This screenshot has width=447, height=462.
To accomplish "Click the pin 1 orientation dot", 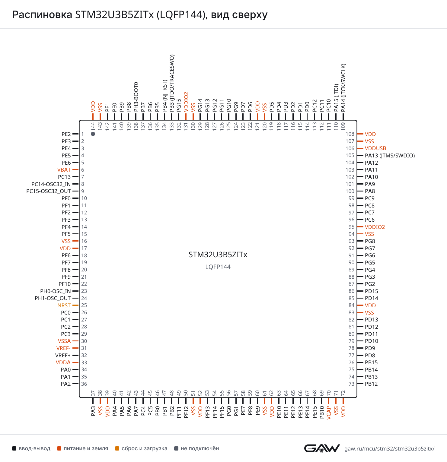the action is point(93,134).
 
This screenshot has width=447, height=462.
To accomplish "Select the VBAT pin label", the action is point(64,170).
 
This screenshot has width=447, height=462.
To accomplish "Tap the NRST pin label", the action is point(64,305).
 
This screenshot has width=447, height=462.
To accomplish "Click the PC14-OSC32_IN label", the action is point(51,184).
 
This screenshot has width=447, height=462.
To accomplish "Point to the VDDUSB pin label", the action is point(375,148).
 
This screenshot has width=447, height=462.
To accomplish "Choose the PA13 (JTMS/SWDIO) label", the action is point(390,156).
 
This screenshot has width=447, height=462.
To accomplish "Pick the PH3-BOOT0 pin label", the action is point(136,97).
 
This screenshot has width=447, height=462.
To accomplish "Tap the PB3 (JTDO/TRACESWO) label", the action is point(172,83).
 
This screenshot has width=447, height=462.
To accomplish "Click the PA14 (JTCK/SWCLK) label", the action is point(343,88).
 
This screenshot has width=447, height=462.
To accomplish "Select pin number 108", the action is point(350,134).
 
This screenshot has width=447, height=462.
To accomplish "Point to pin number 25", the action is point(84,305).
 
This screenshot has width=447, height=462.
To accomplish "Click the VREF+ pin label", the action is point(63,356).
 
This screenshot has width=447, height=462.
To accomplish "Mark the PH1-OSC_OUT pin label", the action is point(53,298).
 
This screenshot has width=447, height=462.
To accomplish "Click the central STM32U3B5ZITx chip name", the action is point(218,255).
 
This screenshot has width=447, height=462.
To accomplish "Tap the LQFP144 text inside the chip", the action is point(218,267).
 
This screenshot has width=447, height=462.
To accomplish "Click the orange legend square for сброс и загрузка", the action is point(117,448).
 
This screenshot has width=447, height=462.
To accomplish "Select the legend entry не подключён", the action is point(196,448).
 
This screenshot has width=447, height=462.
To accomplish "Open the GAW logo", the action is point(322,448).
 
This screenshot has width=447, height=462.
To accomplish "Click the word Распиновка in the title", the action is point(42,14).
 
